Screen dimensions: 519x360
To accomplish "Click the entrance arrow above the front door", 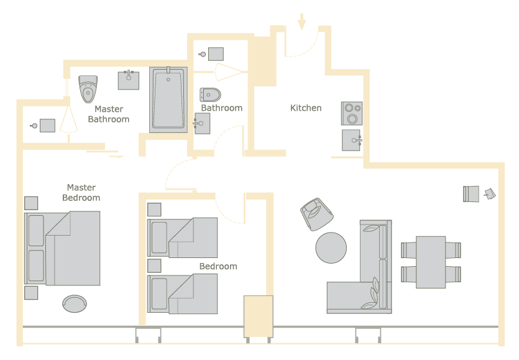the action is tap(301, 22).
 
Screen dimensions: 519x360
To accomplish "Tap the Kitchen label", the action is tap(306, 108).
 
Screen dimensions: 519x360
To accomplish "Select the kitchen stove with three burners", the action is tap(352, 113).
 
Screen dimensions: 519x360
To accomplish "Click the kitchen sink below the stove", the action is tap(352, 140).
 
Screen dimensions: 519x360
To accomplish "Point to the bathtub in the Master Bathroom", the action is tap(168, 100).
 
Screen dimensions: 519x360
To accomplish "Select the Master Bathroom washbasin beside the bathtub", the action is tap(129, 80).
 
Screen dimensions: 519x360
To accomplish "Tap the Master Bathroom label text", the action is tap(109, 114).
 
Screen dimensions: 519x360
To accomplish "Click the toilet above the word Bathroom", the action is tap(210, 95).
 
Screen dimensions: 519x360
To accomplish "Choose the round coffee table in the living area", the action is tap(331, 247).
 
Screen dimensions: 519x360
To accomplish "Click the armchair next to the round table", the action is tap(317, 215).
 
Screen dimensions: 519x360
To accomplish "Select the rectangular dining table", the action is tap(431, 262).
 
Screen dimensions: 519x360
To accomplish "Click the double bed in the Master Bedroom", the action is tap(62, 248).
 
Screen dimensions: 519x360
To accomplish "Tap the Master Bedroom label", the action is tap(81, 192).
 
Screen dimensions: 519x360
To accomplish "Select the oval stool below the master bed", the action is tap(75, 303).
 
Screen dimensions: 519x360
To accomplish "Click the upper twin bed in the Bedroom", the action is tap(182, 238).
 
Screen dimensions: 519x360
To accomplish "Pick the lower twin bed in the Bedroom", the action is tap(182, 293).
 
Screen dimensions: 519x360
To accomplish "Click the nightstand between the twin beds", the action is tap(154, 265).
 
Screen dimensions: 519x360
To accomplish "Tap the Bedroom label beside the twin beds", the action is tap(218, 266).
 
